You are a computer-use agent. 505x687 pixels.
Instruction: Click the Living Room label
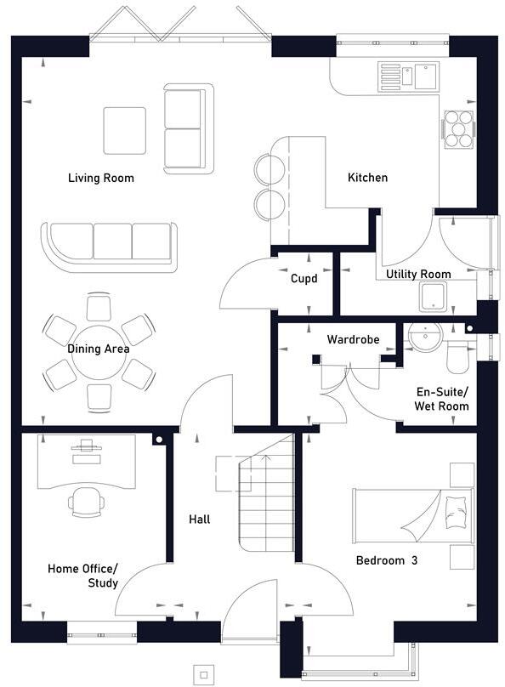click(x=101, y=178)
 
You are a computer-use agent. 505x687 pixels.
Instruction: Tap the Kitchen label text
click(x=367, y=178)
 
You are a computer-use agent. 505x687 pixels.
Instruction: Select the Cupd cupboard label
click(x=304, y=278)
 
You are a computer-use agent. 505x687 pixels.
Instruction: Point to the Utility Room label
click(x=418, y=274)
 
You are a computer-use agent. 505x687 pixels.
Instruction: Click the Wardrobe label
click(x=351, y=339)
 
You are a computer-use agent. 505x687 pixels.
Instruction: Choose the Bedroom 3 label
click(x=387, y=560)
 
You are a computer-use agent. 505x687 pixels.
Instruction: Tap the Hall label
click(x=200, y=519)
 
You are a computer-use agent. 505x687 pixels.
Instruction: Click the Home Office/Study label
click(x=83, y=576)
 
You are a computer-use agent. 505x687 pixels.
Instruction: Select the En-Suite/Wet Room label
click(x=441, y=399)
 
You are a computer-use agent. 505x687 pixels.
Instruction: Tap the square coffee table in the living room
click(x=124, y=130)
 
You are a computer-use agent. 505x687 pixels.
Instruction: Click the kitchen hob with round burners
click(x=458, y=130)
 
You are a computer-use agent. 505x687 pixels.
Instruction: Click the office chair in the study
click(x=87, y=501)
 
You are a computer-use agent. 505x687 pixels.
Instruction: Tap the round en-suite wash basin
click(x=422, y=338)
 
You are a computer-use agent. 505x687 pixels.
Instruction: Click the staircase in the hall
click(x=265, y=502)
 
